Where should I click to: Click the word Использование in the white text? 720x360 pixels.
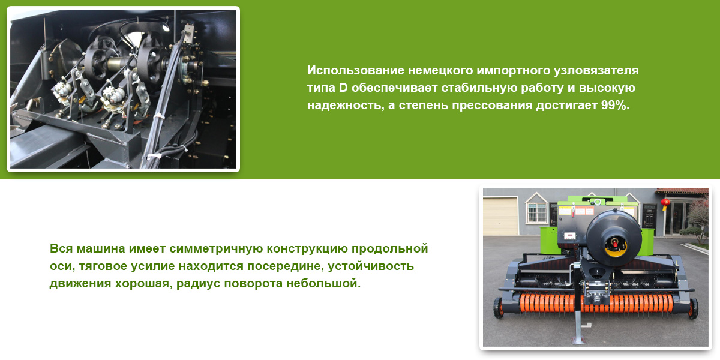tap(355, 70)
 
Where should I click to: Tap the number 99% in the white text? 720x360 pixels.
tap(615, 105)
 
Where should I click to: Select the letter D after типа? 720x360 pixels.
tap(343, 88)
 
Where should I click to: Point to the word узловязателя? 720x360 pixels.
tap(596, 70)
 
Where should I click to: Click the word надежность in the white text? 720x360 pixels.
tap(346, 106)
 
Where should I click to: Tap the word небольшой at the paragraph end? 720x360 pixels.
tap(323, 283)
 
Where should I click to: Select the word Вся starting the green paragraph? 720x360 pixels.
tap(61, 248)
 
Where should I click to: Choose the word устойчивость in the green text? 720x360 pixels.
tap(371, 266)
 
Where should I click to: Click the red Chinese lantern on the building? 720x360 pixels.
tap(665, 203)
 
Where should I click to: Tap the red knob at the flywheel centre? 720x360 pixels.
tap(615, 243)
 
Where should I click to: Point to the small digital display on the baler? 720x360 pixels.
tap(569, 236)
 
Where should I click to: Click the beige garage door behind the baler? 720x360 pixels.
tap(500, 217)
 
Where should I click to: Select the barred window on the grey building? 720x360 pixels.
tap(536, 212)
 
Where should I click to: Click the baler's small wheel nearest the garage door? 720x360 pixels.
tap(498, 308)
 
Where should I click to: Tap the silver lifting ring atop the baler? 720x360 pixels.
tap(598, 202)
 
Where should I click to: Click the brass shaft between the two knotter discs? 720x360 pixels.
tap(116, 64)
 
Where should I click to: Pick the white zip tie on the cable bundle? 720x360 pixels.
tap(158, 116)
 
